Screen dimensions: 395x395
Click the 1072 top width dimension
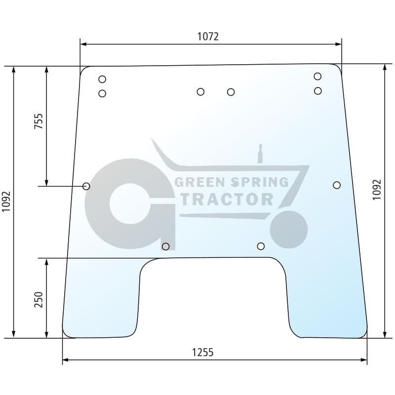208,37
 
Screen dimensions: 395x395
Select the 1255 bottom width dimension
203,353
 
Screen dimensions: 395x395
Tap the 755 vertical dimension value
39,121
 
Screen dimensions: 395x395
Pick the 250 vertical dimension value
39,300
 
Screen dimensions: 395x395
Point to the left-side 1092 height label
6,201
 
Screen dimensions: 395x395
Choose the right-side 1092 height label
377,190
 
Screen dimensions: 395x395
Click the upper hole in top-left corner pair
102,79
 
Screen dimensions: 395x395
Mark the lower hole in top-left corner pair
102,94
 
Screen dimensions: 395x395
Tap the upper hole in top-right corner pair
317,77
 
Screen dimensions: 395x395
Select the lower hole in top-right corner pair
318,91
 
